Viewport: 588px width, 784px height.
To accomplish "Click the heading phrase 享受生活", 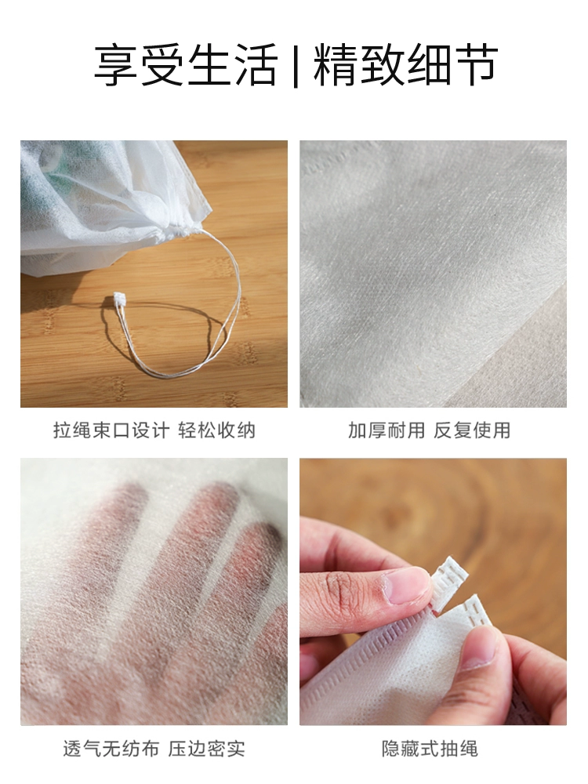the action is pyautogui.click(x=185, y=65).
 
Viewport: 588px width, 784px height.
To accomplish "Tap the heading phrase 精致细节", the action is pyautogui.click(x=405, y=65).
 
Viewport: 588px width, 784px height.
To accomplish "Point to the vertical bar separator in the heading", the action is pyautogui.click(x=296, y=66).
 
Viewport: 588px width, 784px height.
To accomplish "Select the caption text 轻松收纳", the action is pyautogui.click(x=217, y=430).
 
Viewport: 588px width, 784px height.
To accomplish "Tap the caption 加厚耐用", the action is pyautogui.click(x=386, y=430).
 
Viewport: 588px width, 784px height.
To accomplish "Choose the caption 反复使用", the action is pyautogui.click(x=472, y=430).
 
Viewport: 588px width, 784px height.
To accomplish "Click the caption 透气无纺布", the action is pyautogui.click(x=111, y=749).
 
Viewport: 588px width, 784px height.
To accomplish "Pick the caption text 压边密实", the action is pyautogui.click(x=206, y=749).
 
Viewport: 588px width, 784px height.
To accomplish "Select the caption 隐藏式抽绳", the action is pyautogui.click(x=430, y=749).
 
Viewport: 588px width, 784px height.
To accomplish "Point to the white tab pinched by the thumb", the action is pyautogui.click(x=448, y=583).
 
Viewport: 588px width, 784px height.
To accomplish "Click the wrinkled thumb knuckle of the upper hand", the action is pyautogui.click(x=340, y=591).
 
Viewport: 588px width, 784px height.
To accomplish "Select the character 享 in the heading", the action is pyautogui.click(x=115, y=65).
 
